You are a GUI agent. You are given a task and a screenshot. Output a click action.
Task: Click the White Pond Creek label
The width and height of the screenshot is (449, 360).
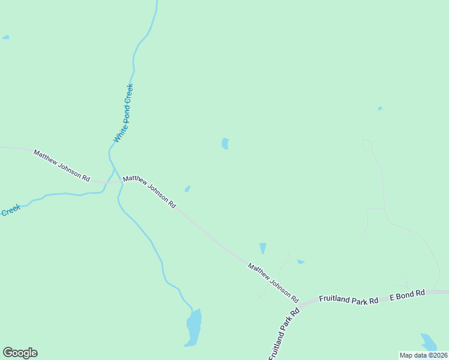coord(124,113)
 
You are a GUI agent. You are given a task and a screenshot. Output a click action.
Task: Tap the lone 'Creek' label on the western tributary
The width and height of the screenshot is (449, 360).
coord(10,210)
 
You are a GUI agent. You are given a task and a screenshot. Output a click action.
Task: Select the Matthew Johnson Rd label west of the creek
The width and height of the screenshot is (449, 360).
coord(61,166)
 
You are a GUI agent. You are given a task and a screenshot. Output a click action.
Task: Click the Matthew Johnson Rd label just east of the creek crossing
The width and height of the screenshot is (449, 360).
coord(149,191)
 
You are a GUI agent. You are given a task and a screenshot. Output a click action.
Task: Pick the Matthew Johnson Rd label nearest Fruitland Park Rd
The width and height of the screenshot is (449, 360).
coord(273,282)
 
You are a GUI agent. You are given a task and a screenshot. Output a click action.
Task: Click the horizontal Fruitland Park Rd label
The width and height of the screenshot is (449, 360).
coord(348,299)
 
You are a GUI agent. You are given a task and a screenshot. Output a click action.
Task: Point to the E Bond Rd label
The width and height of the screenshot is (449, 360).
coord(407,295)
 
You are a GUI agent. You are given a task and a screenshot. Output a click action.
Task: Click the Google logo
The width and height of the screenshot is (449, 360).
coord(20,353)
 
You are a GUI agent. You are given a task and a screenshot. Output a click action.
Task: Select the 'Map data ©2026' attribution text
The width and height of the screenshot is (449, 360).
coord(424,355)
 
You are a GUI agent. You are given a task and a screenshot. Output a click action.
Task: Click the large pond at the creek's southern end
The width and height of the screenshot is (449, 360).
coord(193,328)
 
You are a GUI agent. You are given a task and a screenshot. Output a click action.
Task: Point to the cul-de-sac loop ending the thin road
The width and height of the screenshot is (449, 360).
coord(367,145)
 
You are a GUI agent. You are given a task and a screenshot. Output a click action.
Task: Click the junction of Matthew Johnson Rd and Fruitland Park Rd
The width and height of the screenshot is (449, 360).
coord(300,302)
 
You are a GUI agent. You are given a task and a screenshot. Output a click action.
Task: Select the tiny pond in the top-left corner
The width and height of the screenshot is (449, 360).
coord(5,37)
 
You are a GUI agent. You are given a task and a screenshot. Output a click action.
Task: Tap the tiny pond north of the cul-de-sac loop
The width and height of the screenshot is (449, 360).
coord(380,109)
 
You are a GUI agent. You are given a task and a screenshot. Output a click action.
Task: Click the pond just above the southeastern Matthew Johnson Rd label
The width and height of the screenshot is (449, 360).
coord(262,248)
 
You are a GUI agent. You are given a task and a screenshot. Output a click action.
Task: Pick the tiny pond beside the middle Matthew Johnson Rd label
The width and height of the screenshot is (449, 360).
coord(187,189)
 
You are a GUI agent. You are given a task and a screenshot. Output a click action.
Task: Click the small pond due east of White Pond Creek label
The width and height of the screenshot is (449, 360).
coord(225,143)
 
